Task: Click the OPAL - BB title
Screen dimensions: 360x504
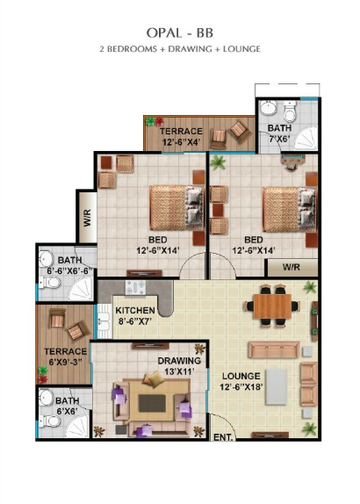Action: pos(180,32)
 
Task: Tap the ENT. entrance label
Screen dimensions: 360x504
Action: pos(223,437)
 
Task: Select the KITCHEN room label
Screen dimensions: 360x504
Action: pos(135,311)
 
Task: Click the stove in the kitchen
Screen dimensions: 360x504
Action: pos(135,287)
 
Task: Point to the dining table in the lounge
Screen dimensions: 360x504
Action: pos(272,306)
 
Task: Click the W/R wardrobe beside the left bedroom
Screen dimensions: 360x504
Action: pos(88,218)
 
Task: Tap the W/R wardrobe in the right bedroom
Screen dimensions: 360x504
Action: pos(292,268)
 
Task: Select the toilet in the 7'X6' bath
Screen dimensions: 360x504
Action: pos(290,112)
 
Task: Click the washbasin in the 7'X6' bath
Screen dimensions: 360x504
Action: pos(268,108)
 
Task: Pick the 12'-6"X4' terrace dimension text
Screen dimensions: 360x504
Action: pos(182,141)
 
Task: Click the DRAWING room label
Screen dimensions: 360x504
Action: pos(179,361)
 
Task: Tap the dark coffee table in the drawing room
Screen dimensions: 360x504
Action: pos(152,403)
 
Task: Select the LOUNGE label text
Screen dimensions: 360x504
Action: pos(241,376)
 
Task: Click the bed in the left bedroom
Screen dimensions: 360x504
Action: pos(176,207)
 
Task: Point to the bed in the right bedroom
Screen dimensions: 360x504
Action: pos(289,210)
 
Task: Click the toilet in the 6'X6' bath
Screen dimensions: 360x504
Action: pos(50,421)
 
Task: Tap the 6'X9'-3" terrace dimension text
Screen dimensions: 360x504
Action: pos(66,363)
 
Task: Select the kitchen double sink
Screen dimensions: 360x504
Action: pos(104,320)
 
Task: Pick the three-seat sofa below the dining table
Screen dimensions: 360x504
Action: pos(274,349)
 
